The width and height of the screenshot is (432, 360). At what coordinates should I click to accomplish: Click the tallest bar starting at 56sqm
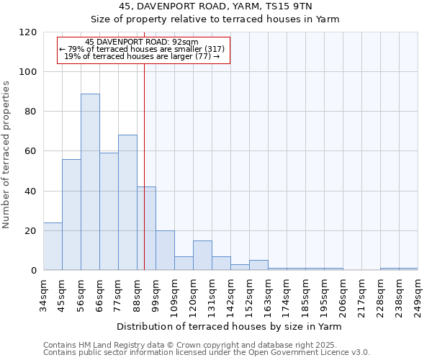coord(90,182)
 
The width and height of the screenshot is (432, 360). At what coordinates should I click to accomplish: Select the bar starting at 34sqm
coord(53,246)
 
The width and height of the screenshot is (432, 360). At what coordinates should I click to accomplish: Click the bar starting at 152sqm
coord(258,265)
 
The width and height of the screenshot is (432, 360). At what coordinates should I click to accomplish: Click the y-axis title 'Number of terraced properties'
coord(6,154)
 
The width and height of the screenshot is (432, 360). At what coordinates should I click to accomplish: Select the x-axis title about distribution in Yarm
coord(229,327)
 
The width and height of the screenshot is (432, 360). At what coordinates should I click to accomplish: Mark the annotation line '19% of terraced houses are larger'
coord(142,55)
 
